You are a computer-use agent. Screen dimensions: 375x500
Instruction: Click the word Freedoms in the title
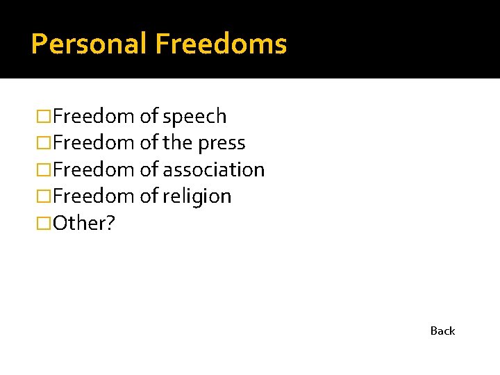[x=221, y=44]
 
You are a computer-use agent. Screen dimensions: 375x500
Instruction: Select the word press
[x=222, y=143]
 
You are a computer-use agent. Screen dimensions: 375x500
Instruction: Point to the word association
[x=214, y=169]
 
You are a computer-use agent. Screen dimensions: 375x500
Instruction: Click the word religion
[x=198, y=197]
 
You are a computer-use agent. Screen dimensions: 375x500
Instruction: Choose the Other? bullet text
[x=82, y=223]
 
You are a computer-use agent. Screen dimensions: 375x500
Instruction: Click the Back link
[x=442, y=331]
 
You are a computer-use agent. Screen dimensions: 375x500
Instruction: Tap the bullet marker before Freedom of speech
[x=44, y=117]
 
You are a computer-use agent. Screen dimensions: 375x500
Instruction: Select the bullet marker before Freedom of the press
[x=44, y=143]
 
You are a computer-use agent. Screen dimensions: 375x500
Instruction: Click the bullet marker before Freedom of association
[x=44, y=169]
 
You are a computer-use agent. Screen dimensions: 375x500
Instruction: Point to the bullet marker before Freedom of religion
[x=44, y=197]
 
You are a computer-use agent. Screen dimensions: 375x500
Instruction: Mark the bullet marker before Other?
[x=44, y=223]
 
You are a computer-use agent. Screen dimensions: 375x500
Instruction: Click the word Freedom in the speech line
[x=94, y=117]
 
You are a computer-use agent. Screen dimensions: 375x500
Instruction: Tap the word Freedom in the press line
[x=94, y=143]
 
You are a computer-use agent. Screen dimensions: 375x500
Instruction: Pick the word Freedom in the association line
[x=94, y=169]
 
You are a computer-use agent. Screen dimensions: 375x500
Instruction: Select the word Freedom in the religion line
[x=94, y=197]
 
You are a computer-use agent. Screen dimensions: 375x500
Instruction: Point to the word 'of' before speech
[x=149, y=117]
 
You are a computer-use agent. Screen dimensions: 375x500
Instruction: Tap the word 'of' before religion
[x=149, y=197]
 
